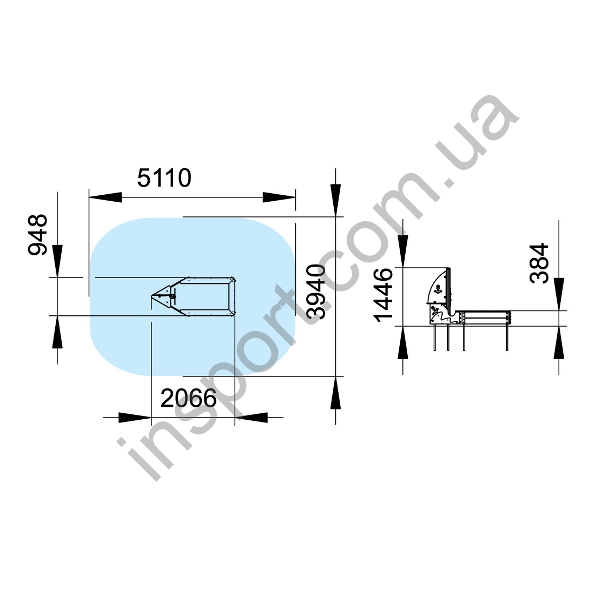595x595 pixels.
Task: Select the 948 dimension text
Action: (x=38, y=235)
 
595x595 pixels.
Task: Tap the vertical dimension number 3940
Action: (x=316, y=292)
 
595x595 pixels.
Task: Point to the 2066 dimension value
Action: (x=188, y=398)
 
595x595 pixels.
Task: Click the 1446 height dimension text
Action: (x=384, y=295)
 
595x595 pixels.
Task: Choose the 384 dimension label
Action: (x=539, y=263)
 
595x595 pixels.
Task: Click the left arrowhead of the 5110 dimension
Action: (x=105, y=197)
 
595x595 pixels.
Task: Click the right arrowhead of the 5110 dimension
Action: (x=279, y=197)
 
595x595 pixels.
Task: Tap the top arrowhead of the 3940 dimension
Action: (x=335, y=200)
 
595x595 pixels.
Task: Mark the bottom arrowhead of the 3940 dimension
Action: (x=335, y=392)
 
